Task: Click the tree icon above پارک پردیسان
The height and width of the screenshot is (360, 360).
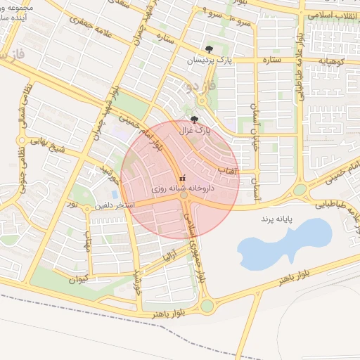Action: tap(208, 49)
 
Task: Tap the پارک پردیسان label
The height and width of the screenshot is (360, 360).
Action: tap(208, 61)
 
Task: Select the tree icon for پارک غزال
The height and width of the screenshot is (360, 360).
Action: tap(195, 120)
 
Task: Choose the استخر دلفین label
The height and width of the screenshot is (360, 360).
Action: tap(106, 207)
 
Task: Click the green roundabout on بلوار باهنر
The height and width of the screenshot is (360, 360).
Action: tap(207, 306)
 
